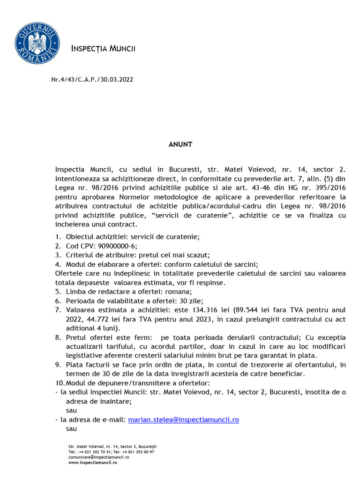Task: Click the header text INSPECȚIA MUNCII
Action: click(103, 48)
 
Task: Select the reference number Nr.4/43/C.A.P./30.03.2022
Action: click(92, 80)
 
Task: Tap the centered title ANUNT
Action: click(180, 144)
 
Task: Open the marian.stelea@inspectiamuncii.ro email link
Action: click(183, 420)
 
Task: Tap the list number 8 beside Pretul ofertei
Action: click(58, 337)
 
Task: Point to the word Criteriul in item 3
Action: click(81, 255)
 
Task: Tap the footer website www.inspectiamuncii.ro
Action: click(92, 463)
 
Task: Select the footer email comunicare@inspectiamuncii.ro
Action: click(98, 457)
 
